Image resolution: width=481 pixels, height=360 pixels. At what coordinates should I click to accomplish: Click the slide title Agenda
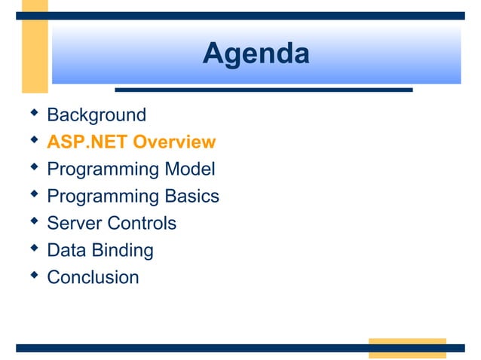256,53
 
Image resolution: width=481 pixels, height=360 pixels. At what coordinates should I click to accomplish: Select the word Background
97,115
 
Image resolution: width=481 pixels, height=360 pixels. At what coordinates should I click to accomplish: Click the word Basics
191,197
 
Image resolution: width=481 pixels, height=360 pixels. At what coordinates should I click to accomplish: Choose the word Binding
124,251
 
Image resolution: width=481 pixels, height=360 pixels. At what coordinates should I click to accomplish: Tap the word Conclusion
93,277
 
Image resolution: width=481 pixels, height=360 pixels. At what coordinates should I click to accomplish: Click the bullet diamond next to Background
32,113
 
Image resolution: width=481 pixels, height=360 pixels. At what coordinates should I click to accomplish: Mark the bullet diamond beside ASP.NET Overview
32,140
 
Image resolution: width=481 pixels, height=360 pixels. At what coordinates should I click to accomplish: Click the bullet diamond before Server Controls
32,221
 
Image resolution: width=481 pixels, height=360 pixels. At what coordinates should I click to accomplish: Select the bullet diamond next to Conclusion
32,276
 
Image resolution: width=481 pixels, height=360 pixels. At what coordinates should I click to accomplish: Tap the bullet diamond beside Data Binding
32,249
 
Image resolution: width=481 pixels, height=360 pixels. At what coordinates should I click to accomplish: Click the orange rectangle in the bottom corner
406,348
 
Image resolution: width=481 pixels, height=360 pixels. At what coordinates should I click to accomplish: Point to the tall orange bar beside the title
35,45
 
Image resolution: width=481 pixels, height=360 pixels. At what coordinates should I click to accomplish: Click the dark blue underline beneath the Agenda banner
263,90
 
